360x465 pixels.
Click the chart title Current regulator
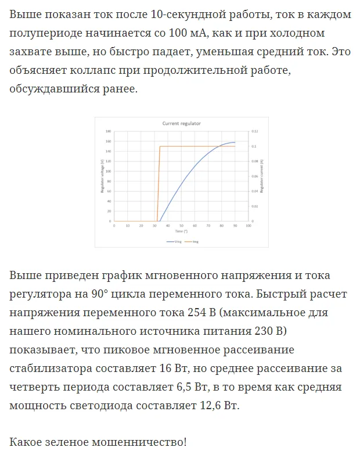coord(181,124)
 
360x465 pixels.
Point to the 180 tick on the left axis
coord(109,132)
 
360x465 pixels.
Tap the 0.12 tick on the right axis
coord(254,132)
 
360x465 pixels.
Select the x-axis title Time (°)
coord(181,231)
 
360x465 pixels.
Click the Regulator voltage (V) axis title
coord(102,177)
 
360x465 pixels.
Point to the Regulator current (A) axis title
coord(261,177)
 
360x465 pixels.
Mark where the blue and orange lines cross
coord(219,146)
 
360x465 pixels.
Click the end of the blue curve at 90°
coord(235,142)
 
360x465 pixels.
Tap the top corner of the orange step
coord(160,146)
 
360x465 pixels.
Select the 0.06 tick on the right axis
coord(254,177)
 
